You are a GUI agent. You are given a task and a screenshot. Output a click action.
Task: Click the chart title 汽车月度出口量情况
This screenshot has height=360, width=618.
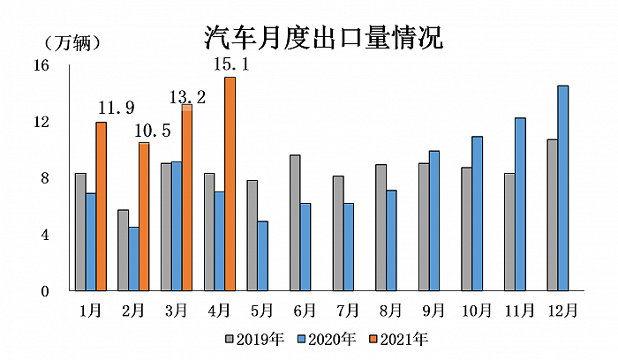pos(322,37)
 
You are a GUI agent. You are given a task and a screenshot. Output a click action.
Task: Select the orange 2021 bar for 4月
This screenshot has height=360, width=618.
pos(230,184)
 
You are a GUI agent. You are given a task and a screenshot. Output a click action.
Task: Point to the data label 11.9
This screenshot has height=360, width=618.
pos(116,109)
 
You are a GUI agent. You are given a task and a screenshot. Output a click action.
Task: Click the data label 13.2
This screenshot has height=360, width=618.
pos(187,97)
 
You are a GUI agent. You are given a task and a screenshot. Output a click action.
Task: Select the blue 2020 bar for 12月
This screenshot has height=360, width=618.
pos(562,188)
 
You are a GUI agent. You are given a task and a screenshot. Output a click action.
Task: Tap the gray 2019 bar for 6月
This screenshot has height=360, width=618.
pos(295,222)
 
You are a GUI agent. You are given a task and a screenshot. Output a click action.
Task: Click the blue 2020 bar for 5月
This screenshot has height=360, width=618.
pos(263,256)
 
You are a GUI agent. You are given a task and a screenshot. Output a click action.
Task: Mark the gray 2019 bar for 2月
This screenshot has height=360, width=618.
pos(124,250)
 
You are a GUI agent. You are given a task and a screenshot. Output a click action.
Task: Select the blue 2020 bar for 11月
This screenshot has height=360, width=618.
pos(520,204)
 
